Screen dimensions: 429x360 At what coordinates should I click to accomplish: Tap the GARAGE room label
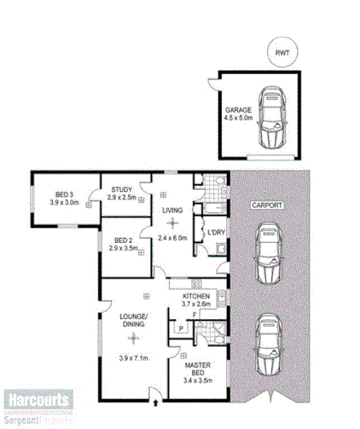239,111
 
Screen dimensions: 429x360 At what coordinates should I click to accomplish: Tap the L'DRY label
216,232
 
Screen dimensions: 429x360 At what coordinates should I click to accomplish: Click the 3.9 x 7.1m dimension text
133,359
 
